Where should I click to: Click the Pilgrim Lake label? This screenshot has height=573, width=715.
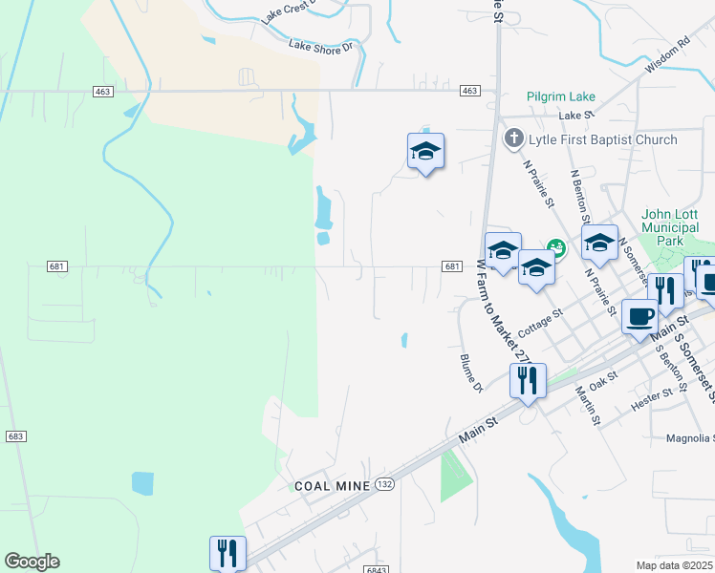560,96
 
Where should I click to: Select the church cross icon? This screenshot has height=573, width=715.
513,139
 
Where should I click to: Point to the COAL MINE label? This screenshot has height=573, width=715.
332,485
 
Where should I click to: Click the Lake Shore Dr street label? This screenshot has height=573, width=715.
321,45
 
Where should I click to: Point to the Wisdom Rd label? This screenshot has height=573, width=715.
667,56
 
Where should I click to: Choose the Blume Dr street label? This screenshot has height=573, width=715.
468,372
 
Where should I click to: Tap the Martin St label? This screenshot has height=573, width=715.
587,405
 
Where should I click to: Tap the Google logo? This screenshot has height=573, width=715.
32,562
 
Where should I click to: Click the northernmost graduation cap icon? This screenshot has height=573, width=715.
425,150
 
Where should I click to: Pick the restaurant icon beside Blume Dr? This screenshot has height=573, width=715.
528,380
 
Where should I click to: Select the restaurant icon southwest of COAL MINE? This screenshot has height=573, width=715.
227,552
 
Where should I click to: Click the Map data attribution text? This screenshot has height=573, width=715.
675,565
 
